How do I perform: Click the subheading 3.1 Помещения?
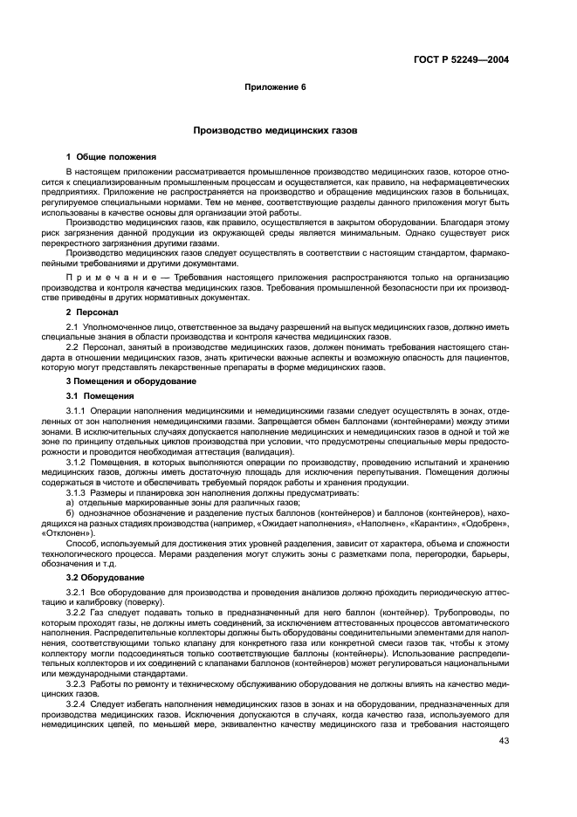100,395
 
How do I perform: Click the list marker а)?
71,504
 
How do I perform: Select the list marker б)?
71,514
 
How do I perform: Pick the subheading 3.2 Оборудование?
105,578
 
